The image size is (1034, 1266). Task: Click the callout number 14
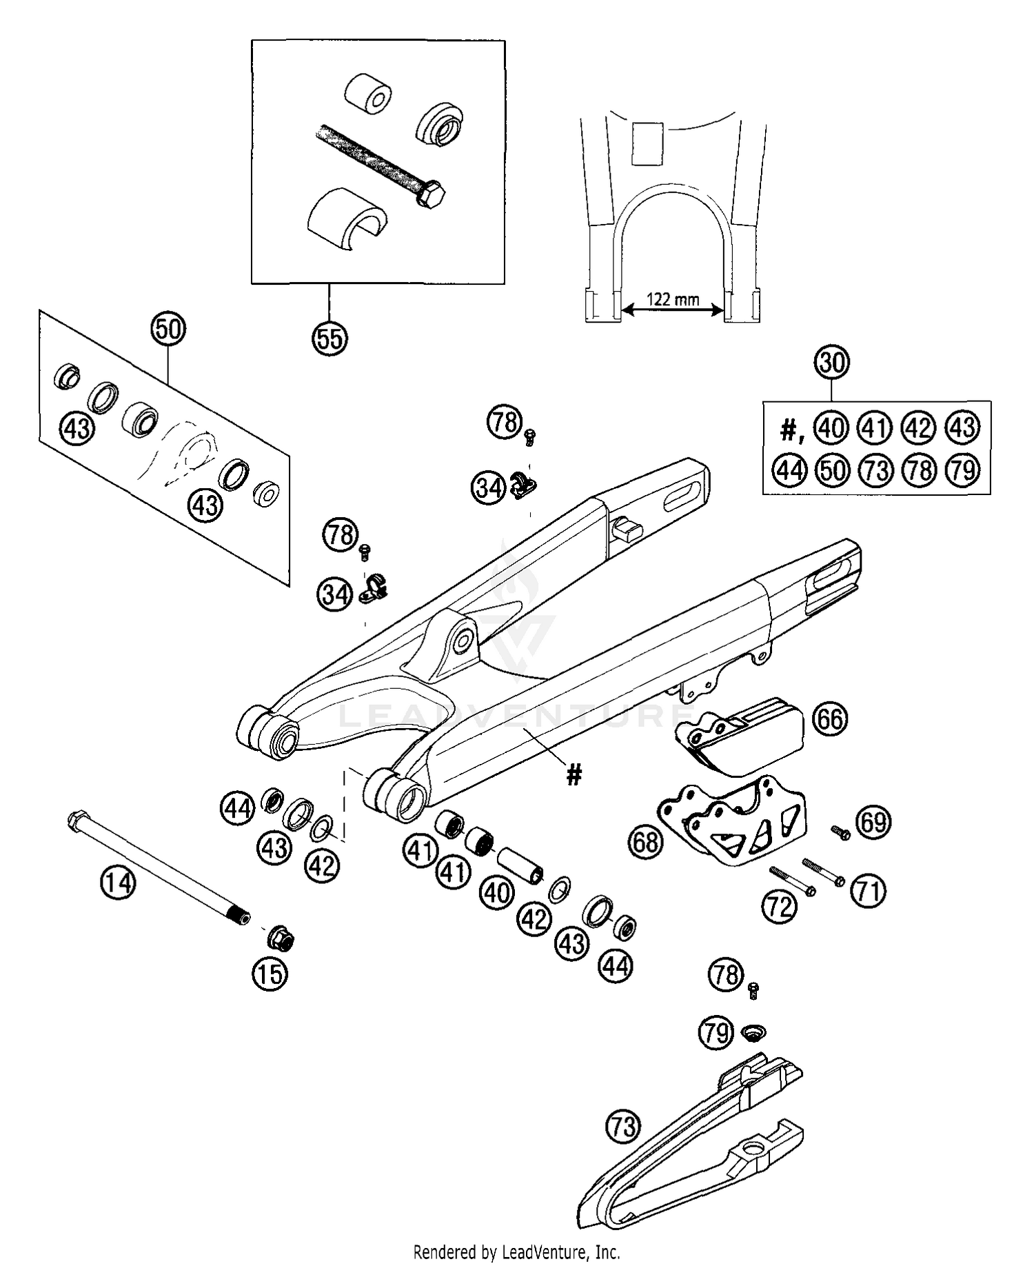point(118,882)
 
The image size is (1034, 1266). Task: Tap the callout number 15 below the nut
point(270,974)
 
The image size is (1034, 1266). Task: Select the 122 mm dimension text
point(673,299)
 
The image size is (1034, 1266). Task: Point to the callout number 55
point(330,339)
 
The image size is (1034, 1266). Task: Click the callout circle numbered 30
point(832,363)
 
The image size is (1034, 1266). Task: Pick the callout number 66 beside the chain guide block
point(829,719)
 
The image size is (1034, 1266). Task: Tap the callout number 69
point(873,822)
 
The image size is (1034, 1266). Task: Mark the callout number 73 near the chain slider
point(622,1127)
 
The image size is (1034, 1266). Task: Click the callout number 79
point(716,1033)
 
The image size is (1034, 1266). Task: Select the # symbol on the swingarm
point(574,775)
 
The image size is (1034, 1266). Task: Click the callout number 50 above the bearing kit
point(169,330)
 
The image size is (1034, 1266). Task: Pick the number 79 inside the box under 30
point(963,470)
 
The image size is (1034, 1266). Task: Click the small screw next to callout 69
point(840,832)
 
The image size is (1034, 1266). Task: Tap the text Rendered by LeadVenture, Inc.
point(516,1251)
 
